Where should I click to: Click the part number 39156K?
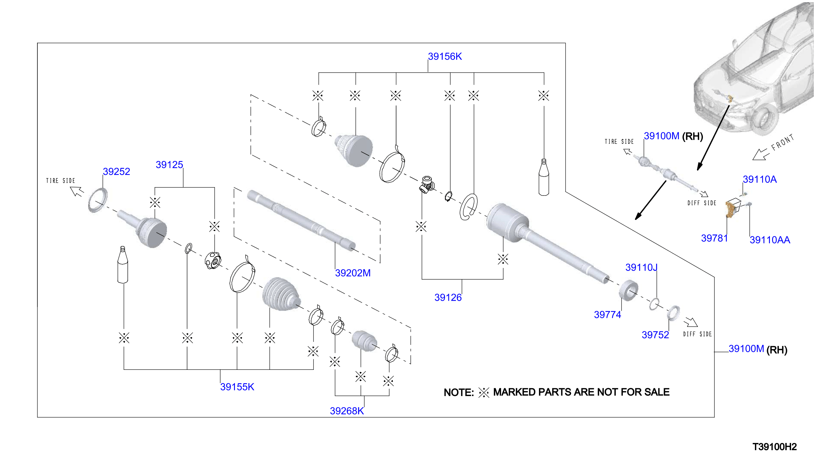point(445,56)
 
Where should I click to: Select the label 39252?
point(117,172)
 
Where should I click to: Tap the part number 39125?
point(169,165)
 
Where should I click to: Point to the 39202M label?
point(353,273)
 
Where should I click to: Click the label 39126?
point(448,298)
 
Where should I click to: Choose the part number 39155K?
point(237,387)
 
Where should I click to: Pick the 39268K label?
point(347,411)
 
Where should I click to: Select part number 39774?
point(607,315)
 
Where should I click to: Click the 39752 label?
point(655,335)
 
